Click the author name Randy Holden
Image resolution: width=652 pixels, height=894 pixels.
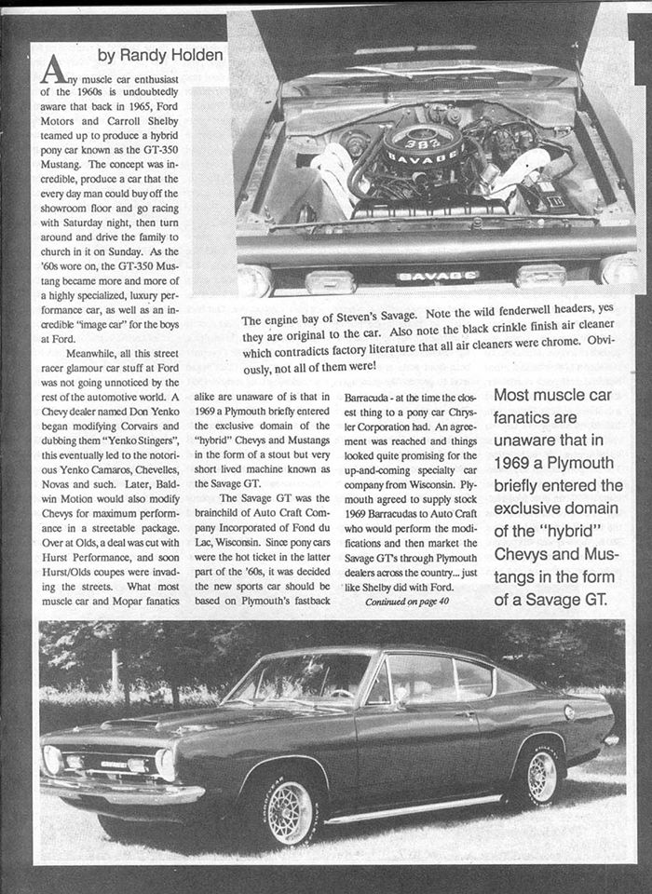(161, 55)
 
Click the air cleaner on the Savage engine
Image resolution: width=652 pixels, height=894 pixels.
(424, 148)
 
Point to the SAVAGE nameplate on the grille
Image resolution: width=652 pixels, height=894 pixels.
(437, 276)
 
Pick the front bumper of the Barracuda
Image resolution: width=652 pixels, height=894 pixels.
(121, 792)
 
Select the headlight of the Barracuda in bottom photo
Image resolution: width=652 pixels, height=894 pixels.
(165, 763)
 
